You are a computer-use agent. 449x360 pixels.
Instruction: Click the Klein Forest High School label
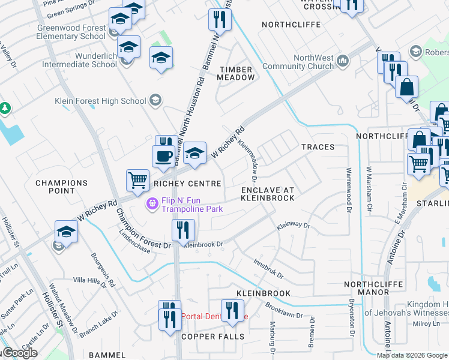(100, 101)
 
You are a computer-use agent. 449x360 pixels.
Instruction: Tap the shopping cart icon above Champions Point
(138, 179)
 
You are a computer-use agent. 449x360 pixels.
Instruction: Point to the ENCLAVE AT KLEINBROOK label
(268, 193)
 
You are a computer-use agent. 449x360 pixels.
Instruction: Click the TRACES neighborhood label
(318, 147)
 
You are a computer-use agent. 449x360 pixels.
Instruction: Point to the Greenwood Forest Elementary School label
(71, 32)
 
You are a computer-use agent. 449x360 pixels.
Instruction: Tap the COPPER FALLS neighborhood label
(213, 337)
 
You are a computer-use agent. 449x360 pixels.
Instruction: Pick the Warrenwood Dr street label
(348, 191)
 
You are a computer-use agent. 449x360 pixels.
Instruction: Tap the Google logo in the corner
(20, 353)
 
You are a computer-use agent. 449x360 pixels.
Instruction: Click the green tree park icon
(5, 109)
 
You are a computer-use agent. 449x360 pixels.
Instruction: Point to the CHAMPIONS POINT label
(62, 187)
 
